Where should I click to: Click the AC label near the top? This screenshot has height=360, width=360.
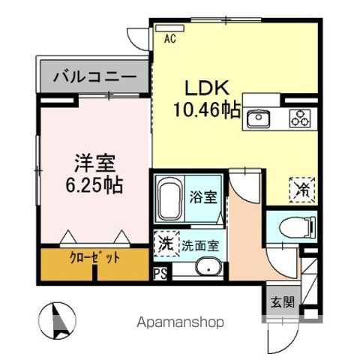tap(169, 38)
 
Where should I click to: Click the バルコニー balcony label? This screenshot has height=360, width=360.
tap(94, 76)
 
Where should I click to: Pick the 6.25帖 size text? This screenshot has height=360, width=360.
tap(94, 183)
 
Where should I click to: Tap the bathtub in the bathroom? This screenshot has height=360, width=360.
tap(169, 198)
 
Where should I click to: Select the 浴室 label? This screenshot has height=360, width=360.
tap(204, 198)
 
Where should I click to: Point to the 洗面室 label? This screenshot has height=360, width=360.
tap(199, 244)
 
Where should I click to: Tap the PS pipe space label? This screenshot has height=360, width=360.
tap(160, 274)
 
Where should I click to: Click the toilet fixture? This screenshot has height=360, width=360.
tap(294, 226)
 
